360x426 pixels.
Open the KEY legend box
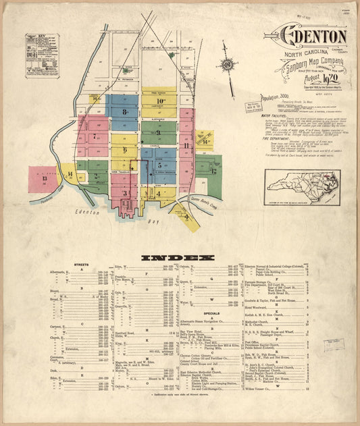click(42, 53)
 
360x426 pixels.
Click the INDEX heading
click(178, 257)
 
